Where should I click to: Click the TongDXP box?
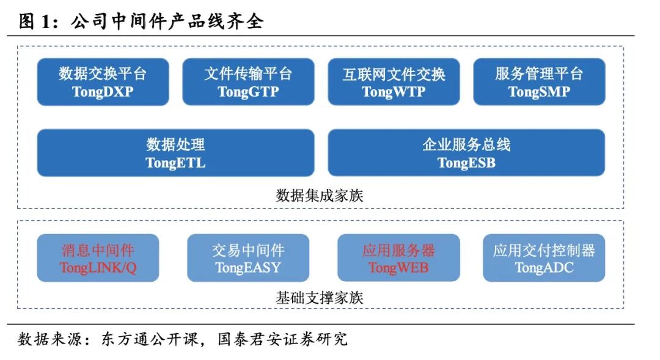pos(103,82)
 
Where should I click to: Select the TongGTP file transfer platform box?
pos(248,82)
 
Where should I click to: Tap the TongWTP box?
pos(394,82)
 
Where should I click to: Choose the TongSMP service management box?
pos(539,82)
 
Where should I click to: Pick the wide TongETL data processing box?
pos(175,153)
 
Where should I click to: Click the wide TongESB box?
pos(466,153)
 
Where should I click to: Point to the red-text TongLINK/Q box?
pos(98,258)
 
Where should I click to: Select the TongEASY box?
pos(248,258)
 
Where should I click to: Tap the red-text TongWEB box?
pos(398,258)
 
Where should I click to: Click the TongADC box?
pos(544,258)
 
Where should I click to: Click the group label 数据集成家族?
pos(320,196)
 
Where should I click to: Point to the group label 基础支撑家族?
pos(320,298)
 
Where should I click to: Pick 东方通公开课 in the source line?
pos(150,339)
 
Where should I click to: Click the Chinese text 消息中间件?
pos(98,250)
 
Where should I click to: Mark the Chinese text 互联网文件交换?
pos(394,74)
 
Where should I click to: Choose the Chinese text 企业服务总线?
pos(466,145)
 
